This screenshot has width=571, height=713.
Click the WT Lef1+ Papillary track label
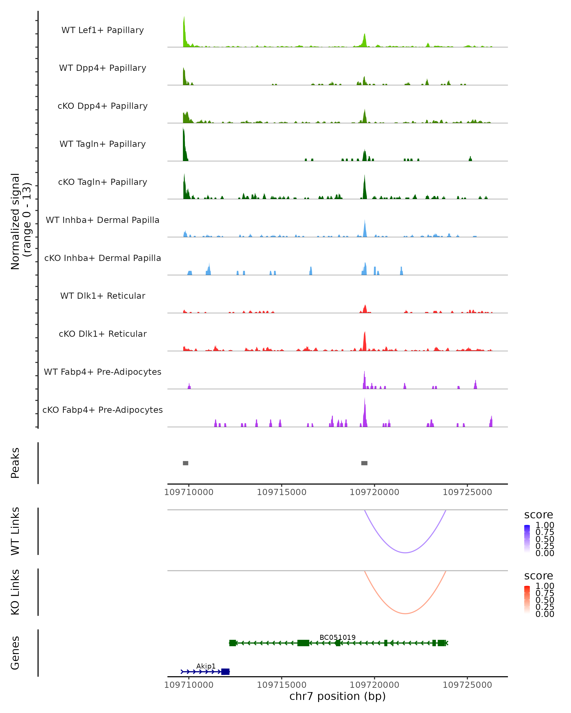coord(103,30)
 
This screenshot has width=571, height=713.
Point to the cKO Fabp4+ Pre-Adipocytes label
coord(103,410)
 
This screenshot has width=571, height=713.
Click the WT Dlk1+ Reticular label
coord(103,296)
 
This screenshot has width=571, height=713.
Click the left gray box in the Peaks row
coord(186,463)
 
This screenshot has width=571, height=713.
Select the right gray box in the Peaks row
coord(364,463)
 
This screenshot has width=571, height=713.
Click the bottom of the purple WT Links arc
coord(405,553)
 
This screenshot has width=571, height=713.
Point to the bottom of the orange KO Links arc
coord(405,613)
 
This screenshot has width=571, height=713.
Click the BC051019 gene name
coord(337,637)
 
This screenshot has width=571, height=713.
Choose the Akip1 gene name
coord(206,666)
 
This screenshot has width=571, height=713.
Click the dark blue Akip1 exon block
coord(225,672)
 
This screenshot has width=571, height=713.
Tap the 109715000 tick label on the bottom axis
coord(282,684)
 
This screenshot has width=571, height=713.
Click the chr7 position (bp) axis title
coord(337,696)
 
